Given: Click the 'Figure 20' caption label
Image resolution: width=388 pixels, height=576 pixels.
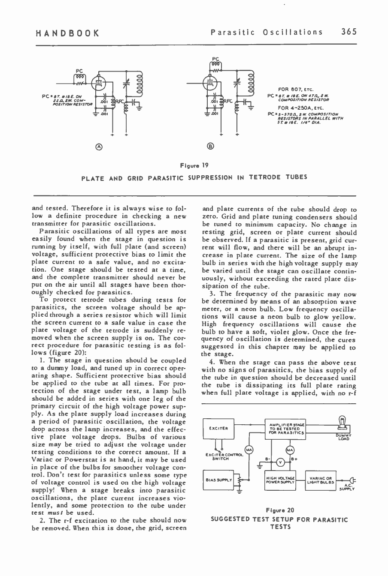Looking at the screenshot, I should (280, 510).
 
